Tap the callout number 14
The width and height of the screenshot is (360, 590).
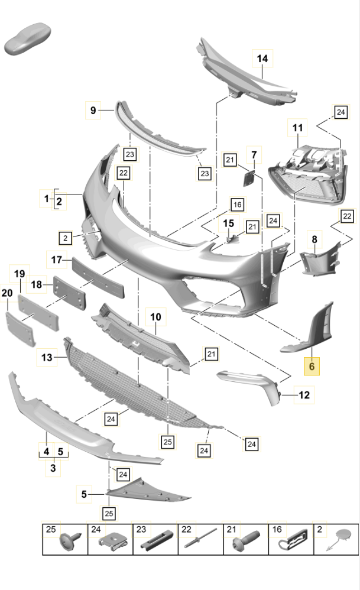click(262, 59)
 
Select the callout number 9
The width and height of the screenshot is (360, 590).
click(93, 109)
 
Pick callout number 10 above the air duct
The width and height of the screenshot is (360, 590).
click(155, 317)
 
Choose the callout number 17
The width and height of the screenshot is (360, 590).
click(56, 260)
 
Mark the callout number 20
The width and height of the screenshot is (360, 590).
click(7, 293)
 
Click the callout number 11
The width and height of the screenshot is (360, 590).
click(297, 127)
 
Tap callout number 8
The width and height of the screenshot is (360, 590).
click(314, 239)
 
